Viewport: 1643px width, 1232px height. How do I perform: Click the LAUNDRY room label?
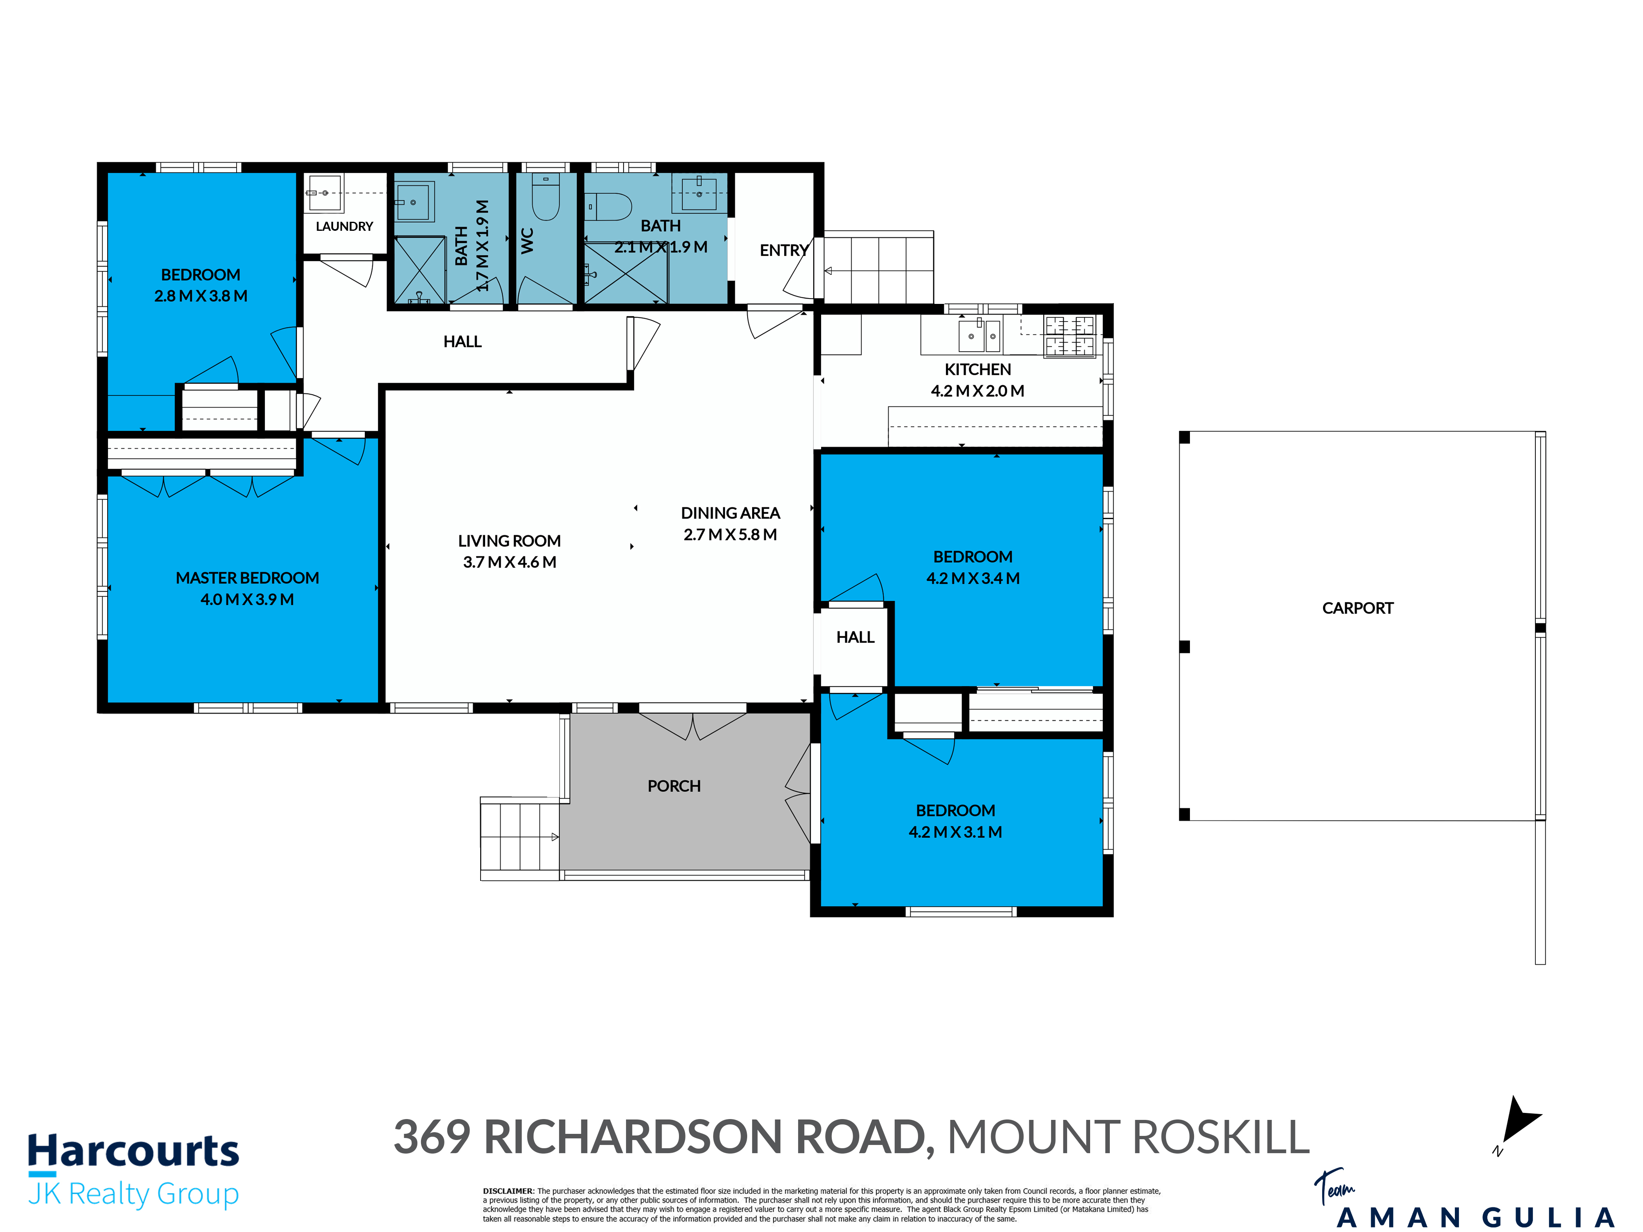pyautogui.click(x=344, y=227)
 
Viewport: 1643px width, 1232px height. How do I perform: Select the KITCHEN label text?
pyautogui.click(x=978, y=369)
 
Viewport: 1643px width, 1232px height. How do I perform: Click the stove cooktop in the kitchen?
pyautogui.click(x=1070, y=336)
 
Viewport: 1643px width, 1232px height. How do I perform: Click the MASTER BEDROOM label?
pyautogui.click(x=247, y=578)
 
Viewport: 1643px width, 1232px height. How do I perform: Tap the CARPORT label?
pyautogui.click(x=1358, y=608)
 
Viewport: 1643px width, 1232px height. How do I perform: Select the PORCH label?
pyautogui.click(x=674, y=786)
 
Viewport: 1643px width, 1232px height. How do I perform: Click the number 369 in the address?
pyautogui.click(x=432, y=1137)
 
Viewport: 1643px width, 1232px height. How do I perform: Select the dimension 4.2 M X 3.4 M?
pyautogui.click(x=973, y=578)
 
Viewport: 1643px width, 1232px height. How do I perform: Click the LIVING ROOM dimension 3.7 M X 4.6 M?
pyautogui.click(x=510, y=562)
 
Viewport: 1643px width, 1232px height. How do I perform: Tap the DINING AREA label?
pyautogui.click(x=730, y=513)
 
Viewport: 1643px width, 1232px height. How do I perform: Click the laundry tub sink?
pyautogui.click(x=324, y=193)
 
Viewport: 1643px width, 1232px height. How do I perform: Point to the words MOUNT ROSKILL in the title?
pyautogui.click(x=1128, y=1137)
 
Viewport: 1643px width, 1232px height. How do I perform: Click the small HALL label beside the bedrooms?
pyautogui.click(x=855, y=637)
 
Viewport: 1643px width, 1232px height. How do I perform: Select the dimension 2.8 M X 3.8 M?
pyautogui.click(x=200, y=296)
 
